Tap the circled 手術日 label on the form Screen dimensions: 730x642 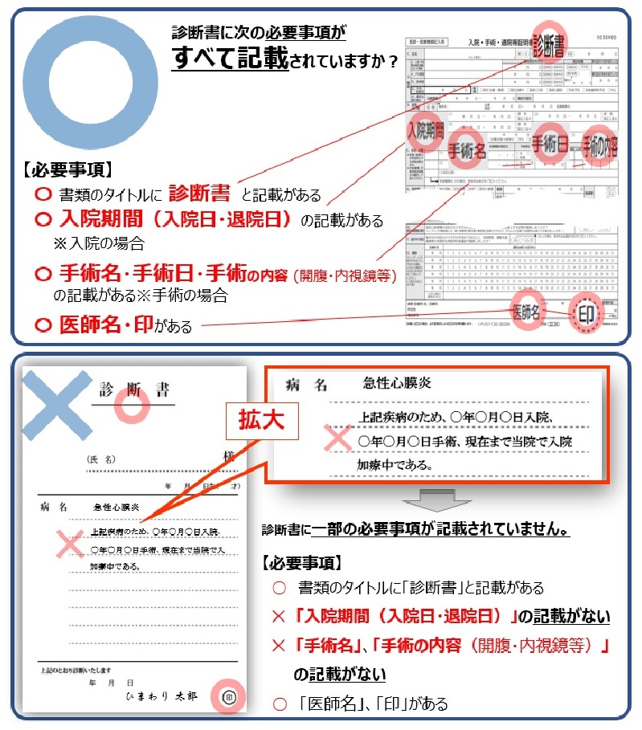(x=550, y=143)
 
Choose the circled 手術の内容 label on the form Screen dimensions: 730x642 (x=600, y=145)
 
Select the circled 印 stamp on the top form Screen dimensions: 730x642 (x=585, y=314)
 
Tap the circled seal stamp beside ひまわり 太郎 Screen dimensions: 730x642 (x=227, y=696)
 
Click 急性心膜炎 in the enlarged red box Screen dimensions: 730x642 (x=397, y=383)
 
